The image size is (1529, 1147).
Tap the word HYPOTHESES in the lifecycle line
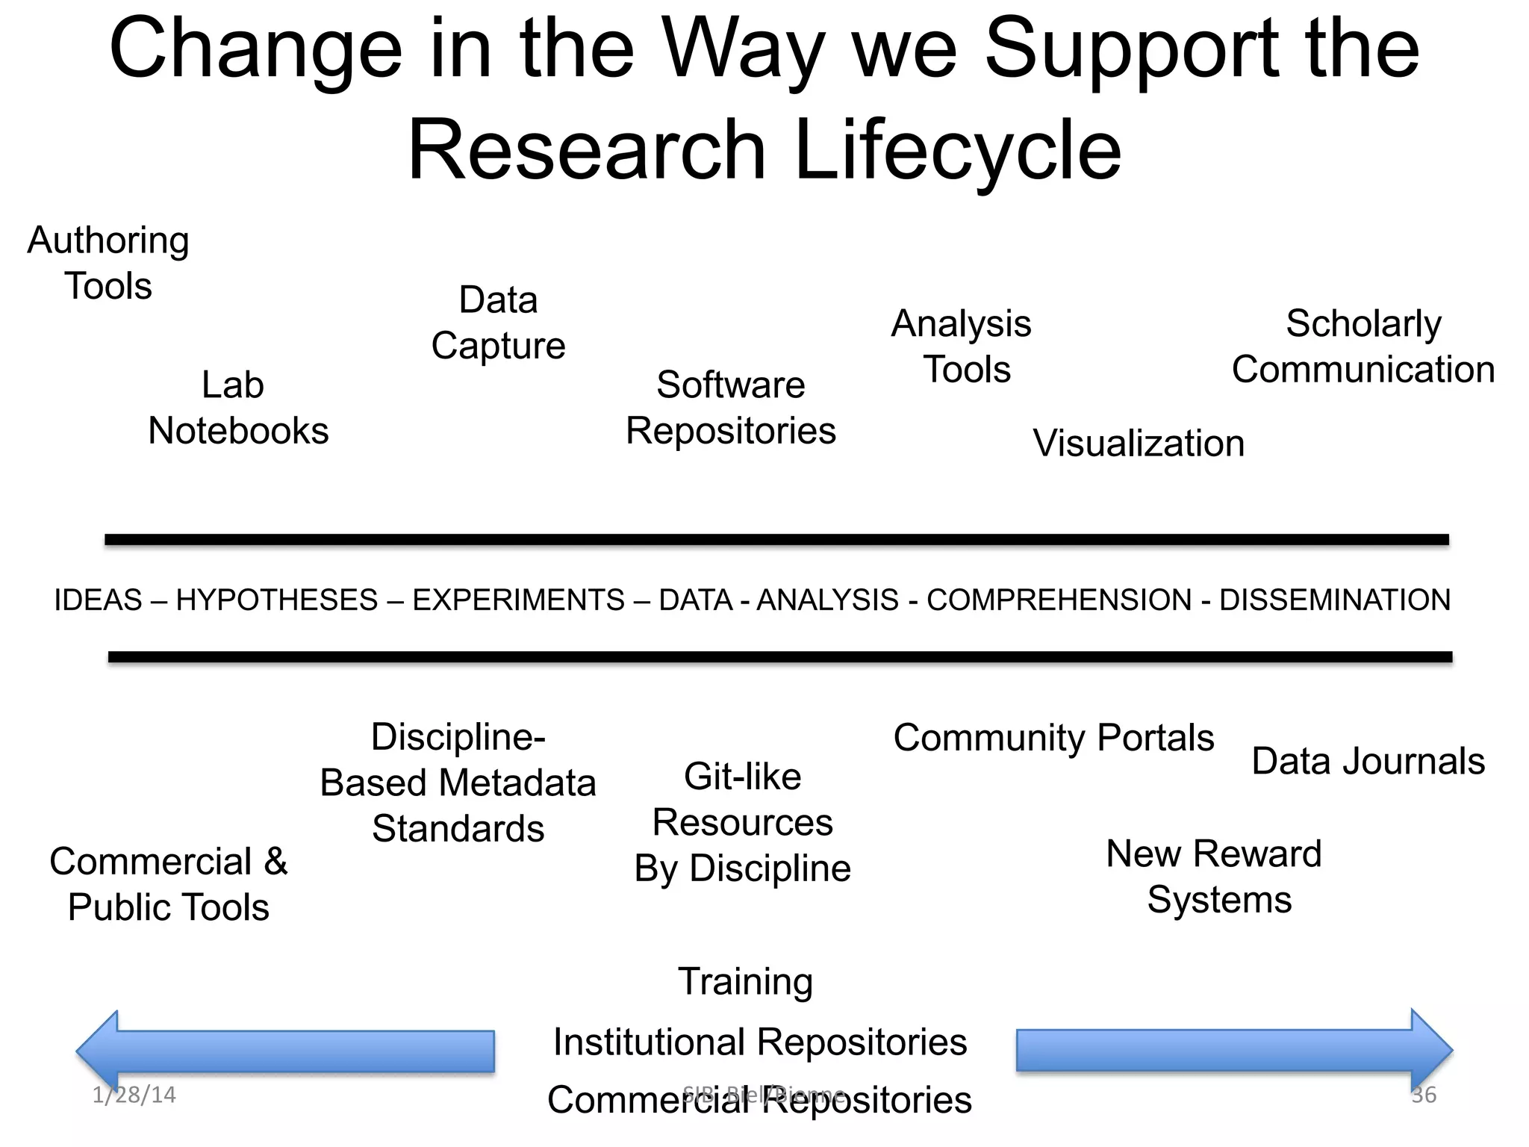(x=277, y=600)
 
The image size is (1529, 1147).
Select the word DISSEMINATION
(x=1335, y=600)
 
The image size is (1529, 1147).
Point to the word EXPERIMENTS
(x=518, y=600)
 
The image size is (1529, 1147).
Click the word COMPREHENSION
(x=1059, y=600)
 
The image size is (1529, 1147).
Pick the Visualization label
(x=1139, y=444)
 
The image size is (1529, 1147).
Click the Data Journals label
(x=1368, y=762)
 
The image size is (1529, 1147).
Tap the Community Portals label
(x=1053, y=738)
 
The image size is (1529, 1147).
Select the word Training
(x=745, y=981)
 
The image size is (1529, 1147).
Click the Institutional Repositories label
(x=760, y=1042)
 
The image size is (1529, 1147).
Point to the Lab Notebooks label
(x=238, y=408)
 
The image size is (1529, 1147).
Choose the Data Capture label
(x=498, y=323)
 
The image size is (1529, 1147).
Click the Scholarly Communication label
(x=1363, y=346)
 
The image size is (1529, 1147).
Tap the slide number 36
(x=1424, y=1095)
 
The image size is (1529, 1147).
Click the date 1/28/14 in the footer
(x=134, y=1095)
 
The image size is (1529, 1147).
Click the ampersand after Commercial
(x=275, y=862)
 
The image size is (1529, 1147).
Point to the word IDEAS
(x=98, y=600)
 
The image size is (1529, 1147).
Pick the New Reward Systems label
(x=1214, y=877)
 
